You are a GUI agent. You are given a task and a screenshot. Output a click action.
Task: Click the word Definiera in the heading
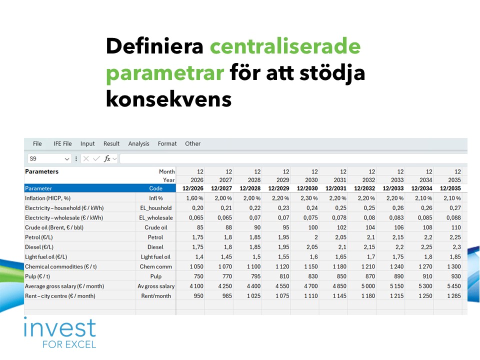[x=154, y=46]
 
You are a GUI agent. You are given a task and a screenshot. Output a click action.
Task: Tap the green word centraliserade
[x=285, y=46]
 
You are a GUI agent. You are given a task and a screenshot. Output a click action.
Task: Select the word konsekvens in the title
[x=168, y=99]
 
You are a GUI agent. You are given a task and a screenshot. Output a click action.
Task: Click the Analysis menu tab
[x=138, y=143]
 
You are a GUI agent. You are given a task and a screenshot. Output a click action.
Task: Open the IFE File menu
[x=62, y=143]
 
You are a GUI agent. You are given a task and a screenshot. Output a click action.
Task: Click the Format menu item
[x=167, y=143]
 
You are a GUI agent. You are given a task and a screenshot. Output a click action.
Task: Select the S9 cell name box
[x=49, y=158]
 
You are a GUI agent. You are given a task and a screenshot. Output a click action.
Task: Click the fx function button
[x=107, y=158]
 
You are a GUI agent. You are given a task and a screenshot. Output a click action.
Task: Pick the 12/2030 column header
[x=307, y=188]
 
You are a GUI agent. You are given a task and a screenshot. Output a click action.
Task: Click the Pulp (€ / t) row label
[x=37, y=276]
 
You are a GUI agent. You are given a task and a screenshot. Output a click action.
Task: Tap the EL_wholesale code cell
[x=156, y=217]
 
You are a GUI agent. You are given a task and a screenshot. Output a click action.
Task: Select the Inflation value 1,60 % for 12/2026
[x=194, y=198]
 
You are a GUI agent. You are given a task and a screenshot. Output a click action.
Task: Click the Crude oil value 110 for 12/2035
[x=456, y=227]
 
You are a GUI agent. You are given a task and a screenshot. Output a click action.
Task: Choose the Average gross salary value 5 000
[x=368, y=286]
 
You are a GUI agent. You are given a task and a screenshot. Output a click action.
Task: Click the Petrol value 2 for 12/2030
[x=316, y=237]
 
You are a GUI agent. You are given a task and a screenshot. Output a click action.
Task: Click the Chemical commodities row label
[x=60, y=266]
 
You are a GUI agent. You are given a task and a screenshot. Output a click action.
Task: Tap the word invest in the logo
[x=60, y=327]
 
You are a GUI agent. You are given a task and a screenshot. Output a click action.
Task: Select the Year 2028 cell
[x=254, y=180]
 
